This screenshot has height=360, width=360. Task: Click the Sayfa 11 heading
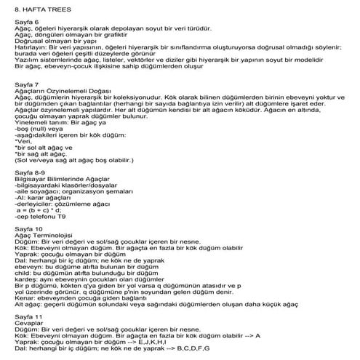point(28,318)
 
